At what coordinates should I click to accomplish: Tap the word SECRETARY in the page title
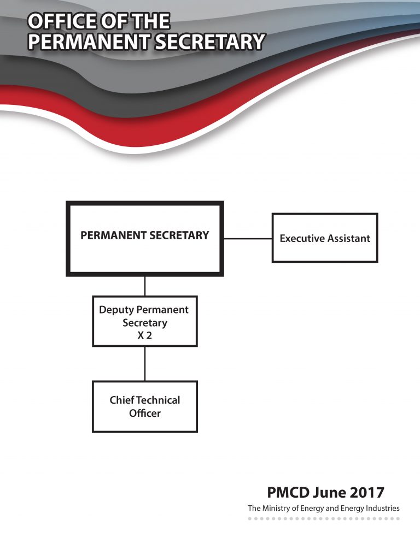(x=210, y=42)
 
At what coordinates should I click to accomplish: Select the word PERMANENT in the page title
(x=89, y=42)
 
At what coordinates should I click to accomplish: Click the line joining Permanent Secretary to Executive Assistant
(x=248, y=239)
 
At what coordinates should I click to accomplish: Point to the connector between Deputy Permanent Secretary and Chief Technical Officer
(x=145, y=364)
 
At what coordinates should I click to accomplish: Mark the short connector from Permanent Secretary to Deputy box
(x=145, y=286)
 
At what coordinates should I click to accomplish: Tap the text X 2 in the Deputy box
(x=144, y=335)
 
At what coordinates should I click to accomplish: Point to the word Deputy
(x=112, y=310)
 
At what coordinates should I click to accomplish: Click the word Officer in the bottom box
(x=145, y=413)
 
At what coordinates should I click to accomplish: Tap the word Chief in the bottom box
(x=122, y=400)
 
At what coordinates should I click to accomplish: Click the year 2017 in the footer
(x=367, y=492)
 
